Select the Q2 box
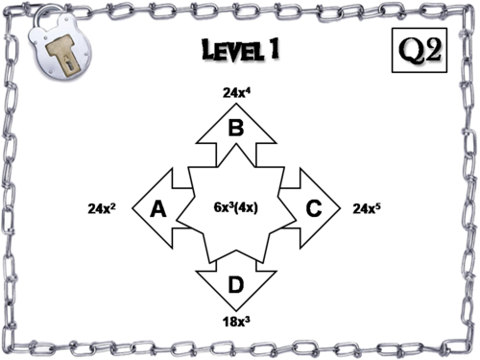tap(420, 49)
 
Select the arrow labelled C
tap(312, 207)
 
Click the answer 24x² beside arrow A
tap(129, 207)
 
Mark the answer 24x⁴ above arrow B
tap(236, 93)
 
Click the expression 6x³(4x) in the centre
tap(235, 207)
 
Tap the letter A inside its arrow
tap(160, 207)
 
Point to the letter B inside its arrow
tap(235, 127)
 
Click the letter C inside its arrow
tap(313, 207)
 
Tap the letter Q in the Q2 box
tap(410, 49)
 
